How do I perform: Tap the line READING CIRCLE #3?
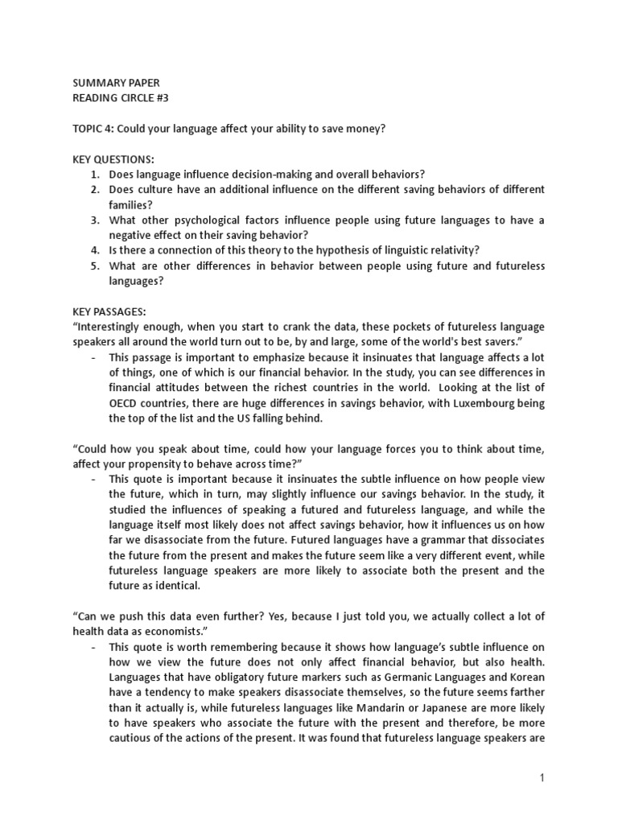(121, 98)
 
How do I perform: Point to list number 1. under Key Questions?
(95, 174)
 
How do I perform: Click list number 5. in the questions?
(95, 266)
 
